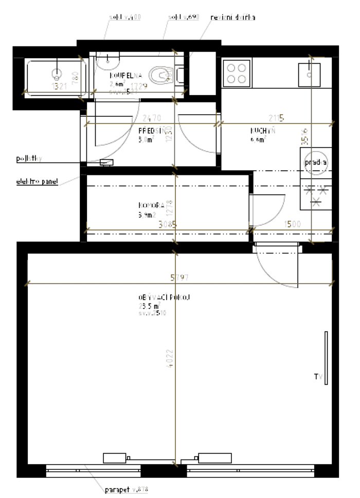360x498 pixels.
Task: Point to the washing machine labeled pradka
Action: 315,162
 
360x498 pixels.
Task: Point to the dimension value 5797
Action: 179,278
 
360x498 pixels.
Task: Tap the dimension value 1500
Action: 294,224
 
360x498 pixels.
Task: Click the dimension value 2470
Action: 136,118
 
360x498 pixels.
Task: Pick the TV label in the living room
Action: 317,377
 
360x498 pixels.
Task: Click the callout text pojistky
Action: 28,160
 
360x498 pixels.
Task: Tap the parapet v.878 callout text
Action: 126,490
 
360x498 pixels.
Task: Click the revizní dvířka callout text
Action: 232,17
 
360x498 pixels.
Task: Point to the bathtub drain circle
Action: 57,73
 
